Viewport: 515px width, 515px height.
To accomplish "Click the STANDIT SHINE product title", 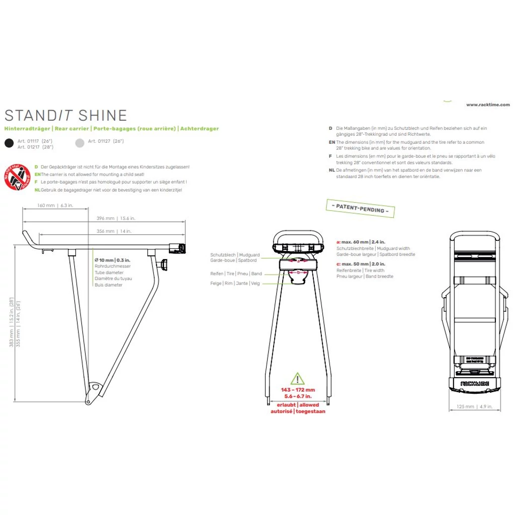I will [x=65, y=115].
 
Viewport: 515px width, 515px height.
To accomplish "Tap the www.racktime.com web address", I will [x=487, y=105].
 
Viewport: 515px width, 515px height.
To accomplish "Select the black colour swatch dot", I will [x=9, y=143].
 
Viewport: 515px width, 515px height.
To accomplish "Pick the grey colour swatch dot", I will [x=79, y=143].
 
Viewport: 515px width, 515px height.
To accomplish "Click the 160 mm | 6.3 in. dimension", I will [x=55, y=205].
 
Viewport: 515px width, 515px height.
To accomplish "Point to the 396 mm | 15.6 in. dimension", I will [x=116, y=218].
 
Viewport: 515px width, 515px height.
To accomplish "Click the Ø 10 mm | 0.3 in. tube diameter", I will [x=112, y=260].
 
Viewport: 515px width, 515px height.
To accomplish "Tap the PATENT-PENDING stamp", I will [x=360, y=208].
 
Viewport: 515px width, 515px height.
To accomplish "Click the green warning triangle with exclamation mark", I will [x=297, y=379].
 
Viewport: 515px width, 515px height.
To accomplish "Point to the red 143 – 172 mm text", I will [x=298, y=390].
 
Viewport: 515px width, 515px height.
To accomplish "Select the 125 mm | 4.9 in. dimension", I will [x=474, y=406].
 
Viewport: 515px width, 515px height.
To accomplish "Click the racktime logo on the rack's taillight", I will [x=474, y=382].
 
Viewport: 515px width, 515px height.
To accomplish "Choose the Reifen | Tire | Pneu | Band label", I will [x=236, y=274].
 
